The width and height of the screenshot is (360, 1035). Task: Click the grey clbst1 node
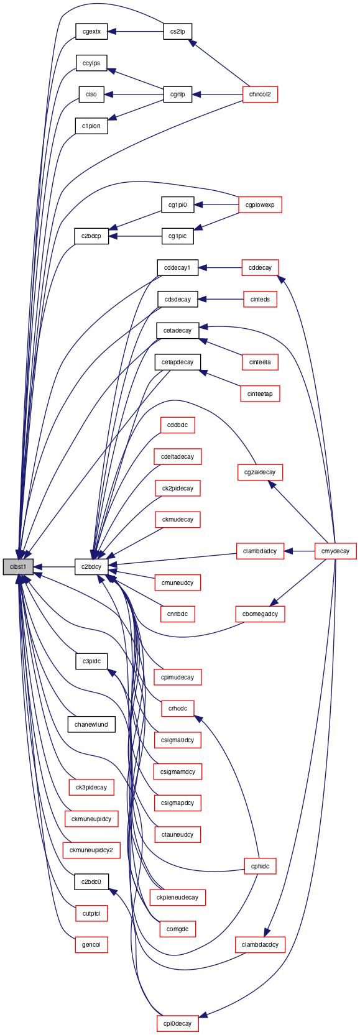[x=18, y=567]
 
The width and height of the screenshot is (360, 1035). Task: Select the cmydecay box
[x=336, y=551]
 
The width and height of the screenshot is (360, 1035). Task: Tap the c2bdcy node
[x=91, y=567]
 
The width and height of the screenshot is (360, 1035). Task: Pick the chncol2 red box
[x=260, y=94]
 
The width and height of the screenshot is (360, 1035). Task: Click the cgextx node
[x=91, y=32]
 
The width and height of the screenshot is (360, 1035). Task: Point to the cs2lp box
[x=177, y=32]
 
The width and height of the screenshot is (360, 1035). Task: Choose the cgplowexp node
[x=260, y=205]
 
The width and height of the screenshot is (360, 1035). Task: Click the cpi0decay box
[x=177, y=1023]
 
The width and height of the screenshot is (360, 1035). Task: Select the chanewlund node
[x=91, y=725]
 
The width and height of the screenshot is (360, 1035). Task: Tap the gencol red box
[x=91, y=945]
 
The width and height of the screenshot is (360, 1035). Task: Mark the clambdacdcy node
[x=260, y=945]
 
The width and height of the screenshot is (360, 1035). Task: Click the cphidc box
[x=260, y=867]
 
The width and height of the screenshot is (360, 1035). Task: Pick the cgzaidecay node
[x=260, y=472]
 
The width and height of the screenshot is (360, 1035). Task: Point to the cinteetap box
[x=260, y=393]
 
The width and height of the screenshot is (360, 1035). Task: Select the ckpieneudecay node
[x=177, y=897]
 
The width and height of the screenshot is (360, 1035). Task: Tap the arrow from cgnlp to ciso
[x=134, y=94]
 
